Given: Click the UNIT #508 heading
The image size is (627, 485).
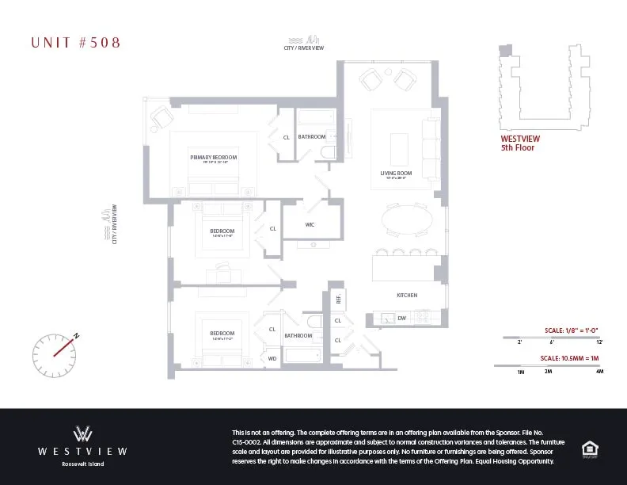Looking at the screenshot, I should point(76,43).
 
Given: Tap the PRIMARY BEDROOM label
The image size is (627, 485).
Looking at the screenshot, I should point(214,157).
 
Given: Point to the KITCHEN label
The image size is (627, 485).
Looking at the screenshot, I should point(407,296).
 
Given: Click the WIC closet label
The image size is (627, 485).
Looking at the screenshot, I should point(310,224).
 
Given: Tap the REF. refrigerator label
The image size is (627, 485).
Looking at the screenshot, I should point(338,299).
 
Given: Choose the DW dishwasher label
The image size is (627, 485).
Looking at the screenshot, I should point(401,318).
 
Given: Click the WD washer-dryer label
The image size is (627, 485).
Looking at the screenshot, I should point(272,358).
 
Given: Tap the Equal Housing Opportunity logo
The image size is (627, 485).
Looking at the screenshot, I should point(589,448).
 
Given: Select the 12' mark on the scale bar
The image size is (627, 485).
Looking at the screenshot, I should point(599,342).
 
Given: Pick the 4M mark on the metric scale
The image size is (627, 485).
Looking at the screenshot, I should point(599,371).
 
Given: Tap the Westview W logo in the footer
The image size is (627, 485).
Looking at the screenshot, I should point(83,433).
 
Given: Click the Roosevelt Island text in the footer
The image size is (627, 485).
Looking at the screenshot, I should point(83,464).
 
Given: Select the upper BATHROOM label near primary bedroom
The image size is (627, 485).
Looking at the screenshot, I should point(312,136).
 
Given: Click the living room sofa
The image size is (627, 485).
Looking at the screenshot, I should point(430,147).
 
